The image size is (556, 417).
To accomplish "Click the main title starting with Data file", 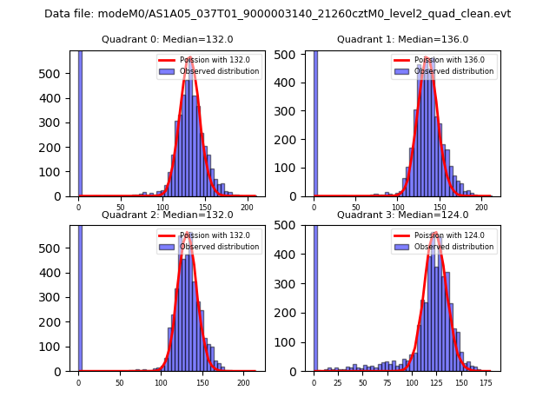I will coord(277,14).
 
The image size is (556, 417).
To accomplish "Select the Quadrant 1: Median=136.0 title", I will coord(402,39).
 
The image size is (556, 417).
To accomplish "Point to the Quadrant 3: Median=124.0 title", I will coord(402,215).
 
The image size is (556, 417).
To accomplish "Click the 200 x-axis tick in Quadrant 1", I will coord(480,208).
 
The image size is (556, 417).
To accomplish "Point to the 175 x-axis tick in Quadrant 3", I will coord(485,382).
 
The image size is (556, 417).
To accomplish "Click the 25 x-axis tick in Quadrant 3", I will coord(335,382).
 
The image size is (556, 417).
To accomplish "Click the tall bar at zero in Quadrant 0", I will coord(79,122).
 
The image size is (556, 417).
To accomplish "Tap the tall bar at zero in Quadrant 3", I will coord(314,295).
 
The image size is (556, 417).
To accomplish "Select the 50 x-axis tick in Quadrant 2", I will coord(120,382).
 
